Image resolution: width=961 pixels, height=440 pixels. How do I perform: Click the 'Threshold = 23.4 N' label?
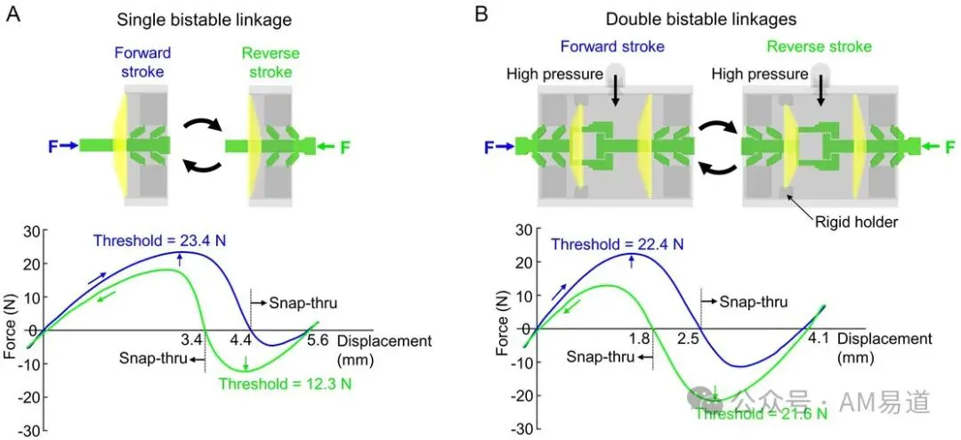pyautogui.click(x=160, y=240)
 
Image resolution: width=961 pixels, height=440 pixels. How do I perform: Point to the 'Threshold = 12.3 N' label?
pyautogui.click(x=286, y=385)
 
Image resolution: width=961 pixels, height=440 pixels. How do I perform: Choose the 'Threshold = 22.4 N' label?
pyautogui.click(x=618, y=244)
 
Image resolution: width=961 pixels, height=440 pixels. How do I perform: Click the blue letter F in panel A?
pyautogui.click(x=53, y=146)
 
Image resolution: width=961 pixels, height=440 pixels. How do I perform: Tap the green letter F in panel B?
pyautogui.click(x=950, y=147)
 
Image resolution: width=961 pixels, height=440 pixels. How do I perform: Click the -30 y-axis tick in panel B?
pyautogui.click(x=517, y=428)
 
